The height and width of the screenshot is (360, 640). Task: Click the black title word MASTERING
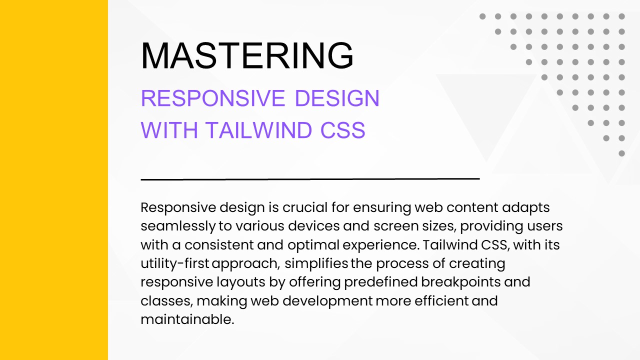click(247, 55)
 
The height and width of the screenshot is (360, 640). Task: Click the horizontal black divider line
click(310, 178)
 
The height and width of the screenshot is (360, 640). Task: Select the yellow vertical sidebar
click(53, 180)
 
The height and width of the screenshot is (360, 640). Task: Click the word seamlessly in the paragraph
click(178, 226)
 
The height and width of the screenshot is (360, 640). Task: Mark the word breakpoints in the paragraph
click(460, 282)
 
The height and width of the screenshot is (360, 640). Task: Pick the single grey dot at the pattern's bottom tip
click(621, 153)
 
